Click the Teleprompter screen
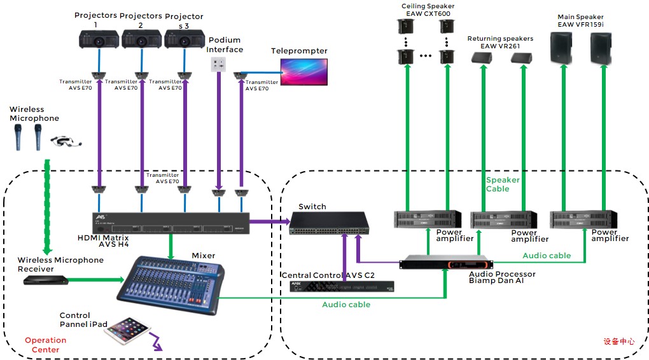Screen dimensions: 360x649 pyautogui.click(x=305, y=71)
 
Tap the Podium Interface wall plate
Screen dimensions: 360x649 pyautogui.click(x=218, y=65)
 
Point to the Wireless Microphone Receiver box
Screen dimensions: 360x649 pyautogui.click(x=46, y=279)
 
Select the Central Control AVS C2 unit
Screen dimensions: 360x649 pyautogui.click(x=342, y=286)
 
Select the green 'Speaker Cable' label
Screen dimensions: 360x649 pyautogui.click(x=503, y=184)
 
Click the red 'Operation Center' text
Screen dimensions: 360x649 pyautogui.click(x=45, y=345)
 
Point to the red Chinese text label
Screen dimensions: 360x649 pyautogui.click(x=618, y=342)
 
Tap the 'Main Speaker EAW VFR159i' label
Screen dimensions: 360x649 pyautogui.click(x=580, y=20)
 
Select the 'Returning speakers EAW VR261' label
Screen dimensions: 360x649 pyautogui.click(x=500, y=42)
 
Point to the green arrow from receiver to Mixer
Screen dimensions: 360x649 pyautogui.click(x=95, y=279)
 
